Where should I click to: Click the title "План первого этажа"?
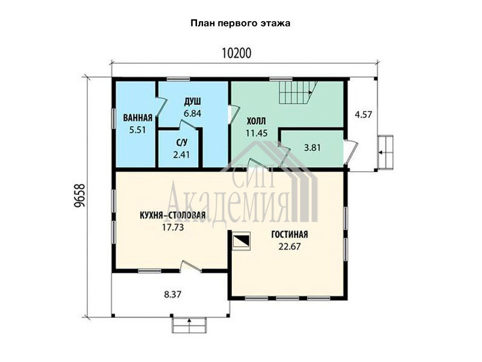point(240,24)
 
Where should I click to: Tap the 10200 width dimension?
point(236,53)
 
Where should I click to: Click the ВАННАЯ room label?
point(138,118)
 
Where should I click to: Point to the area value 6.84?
point(192,113)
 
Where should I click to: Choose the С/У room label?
point(182,142)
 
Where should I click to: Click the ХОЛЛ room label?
point(257,121)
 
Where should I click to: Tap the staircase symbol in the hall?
point(298,92)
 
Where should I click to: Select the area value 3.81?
point(312,148)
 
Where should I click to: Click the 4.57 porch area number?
point(363,115)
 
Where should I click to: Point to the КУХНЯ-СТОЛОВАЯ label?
point(172,215)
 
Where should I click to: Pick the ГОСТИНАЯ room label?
point(290,235)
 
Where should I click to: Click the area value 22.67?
point(290,247)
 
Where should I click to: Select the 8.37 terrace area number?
point(172,294)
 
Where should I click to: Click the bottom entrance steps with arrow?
point(189,325)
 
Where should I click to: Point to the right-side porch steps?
point(385,152)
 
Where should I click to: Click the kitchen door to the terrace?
point(190,267)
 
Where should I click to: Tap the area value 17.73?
point(172,227)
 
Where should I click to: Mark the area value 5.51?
point(138,130)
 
